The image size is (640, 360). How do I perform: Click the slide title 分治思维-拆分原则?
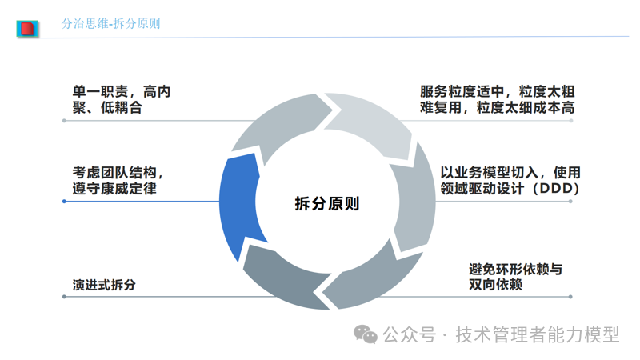click(110, 24)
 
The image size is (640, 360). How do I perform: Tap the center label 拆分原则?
click(327, 203)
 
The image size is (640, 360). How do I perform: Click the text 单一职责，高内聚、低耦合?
click(121, 100)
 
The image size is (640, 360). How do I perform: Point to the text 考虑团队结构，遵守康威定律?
click(120, 180)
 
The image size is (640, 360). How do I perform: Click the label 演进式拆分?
click(104, 284)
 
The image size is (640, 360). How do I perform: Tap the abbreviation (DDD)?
click(553, 189)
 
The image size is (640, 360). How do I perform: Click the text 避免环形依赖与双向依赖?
click(515, 276)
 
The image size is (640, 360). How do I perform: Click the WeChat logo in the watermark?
click(367, 334)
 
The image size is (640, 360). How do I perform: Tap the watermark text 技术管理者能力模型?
click(537, 334)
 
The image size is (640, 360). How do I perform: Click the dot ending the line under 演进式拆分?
click(64, 297)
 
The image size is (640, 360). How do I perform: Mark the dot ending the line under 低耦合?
click(64, 121)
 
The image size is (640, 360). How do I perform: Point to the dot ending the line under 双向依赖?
click(570, 297)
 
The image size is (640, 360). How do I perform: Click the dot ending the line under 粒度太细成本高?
click(570, 121)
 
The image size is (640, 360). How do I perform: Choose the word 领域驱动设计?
click(481, 189)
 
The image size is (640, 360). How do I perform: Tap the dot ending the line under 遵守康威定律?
click(64, 202)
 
